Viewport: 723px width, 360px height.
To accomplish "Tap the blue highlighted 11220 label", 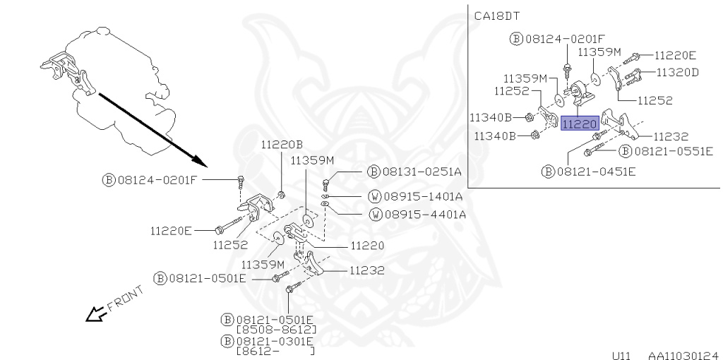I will click(580, 124).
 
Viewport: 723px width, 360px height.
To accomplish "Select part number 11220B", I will click(282, 145).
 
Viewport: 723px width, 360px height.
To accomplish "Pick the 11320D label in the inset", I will click(677, 72).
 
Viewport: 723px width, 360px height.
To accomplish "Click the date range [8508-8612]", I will click(276, 330).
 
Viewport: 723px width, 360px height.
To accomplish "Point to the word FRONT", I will click(124, 299).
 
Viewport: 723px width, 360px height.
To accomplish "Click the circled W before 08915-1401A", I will click(376, 196).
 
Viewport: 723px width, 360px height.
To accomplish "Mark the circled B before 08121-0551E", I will click(624, 151).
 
